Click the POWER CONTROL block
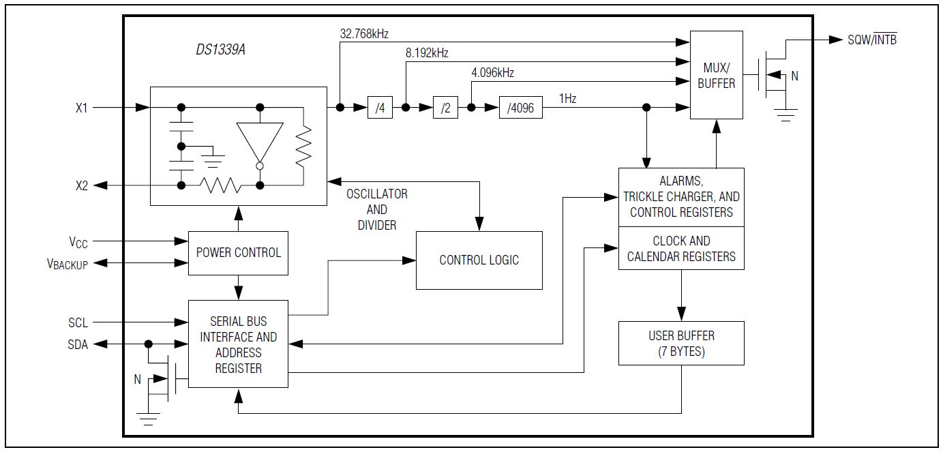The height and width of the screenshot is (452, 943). [x=238, y=253]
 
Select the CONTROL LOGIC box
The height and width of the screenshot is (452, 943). [x=479, y=260]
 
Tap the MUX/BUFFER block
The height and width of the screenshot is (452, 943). [x=716, y=75]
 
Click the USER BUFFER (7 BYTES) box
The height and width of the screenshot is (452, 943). [x=681, y=343]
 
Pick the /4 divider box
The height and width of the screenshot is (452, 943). [x=380, y=108]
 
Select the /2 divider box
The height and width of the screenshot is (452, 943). [x=445, y=108]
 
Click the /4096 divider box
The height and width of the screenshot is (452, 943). [x=521, y=108]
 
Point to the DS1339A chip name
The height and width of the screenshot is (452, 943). [x=221, y=50]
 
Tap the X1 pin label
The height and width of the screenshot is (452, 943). [x=81, y=108]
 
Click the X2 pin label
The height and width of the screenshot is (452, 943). [x=82, y=185]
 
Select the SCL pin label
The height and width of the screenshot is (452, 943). [x=78, y=322]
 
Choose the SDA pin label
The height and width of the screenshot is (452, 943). [x=78, y=345]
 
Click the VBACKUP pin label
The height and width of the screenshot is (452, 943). [x=68, y=265]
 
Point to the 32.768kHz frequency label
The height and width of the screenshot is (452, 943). [x=364, y=33]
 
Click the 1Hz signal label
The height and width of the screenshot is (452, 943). [x=567, y=98]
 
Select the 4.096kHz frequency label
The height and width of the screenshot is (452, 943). [x=492, y=73]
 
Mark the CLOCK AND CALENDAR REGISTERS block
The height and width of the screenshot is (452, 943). [x=681, y=248]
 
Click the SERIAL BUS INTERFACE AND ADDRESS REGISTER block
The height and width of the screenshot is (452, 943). [x=238, y=344]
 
